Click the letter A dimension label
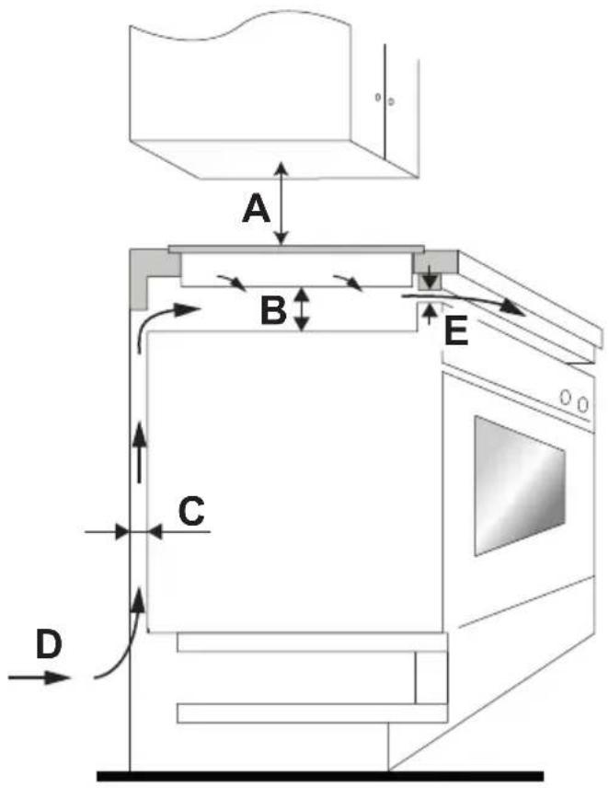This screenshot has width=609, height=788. coord(256,210)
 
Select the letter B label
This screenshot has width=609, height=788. coord(273,309)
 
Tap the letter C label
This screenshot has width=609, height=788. coord(191,511)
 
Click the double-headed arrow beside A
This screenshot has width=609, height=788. coord(282,203)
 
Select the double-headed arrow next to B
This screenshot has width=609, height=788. coord(301,309)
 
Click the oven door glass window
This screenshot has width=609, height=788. coord(520,485)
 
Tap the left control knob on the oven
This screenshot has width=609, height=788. coord(567,398)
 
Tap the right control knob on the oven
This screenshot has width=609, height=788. coord(582,403)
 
